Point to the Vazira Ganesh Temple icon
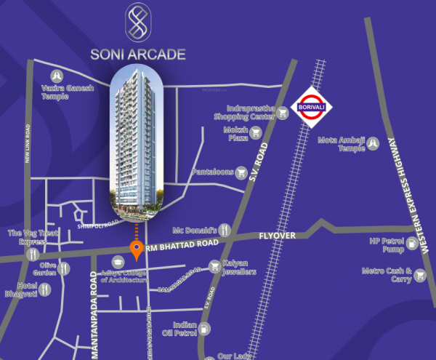[x=56, y=76]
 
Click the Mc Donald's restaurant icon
[x=225, y=228]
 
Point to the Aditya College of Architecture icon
[x=117, y=261]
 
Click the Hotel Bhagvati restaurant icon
[x=46, y=289]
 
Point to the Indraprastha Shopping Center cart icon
[x=281, y=112]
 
